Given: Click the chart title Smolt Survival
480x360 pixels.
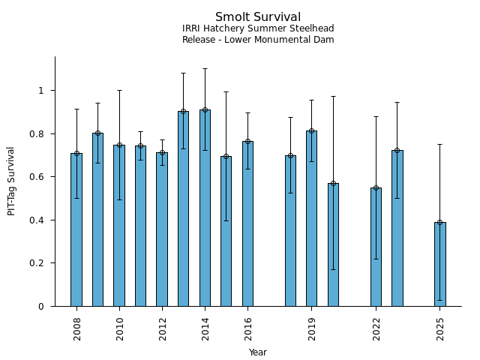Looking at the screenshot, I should point(258,17).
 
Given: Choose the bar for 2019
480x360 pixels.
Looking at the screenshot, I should point(311,218).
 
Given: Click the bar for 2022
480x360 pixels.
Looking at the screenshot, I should point(376,247).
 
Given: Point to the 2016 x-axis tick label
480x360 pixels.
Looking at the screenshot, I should point(247,328).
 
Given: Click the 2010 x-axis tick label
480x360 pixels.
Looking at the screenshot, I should point(119,328).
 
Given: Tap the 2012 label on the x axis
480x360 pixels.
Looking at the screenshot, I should point(162,328).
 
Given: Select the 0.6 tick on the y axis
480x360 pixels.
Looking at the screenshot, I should point(42,177).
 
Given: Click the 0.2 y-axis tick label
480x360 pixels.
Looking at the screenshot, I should point(42,263).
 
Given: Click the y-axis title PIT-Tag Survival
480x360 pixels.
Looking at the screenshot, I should point(11,181).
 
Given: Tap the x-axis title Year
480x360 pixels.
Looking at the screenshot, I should point(258,352).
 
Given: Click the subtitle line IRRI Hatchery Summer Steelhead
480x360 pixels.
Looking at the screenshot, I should point(258,28).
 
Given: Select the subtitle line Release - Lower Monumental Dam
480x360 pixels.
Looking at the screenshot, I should point(258,40).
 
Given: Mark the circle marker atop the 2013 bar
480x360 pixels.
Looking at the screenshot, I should point(183,112).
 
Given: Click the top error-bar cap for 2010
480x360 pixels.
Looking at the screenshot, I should point(119,91).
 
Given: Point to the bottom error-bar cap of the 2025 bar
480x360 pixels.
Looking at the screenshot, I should point(439,300).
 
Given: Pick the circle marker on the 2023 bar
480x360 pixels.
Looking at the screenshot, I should point(397,150).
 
